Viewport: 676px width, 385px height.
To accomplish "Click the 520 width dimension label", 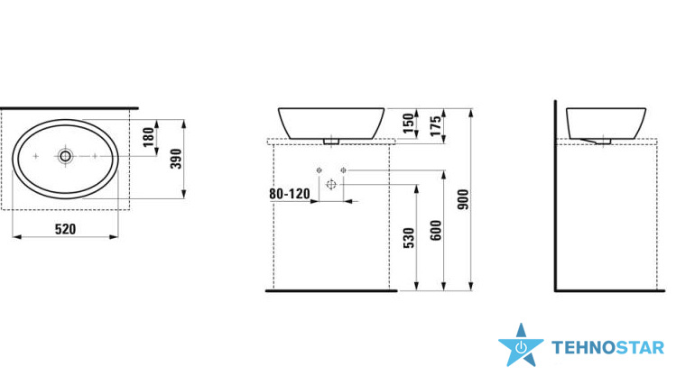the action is tap(66, 229).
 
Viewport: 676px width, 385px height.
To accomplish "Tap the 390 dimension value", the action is tap(176, 159).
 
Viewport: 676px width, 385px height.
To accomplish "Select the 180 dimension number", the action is tap(148, 137).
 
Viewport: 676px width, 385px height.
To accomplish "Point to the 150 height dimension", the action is tap(408, 124).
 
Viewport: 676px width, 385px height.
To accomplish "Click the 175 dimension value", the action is tap(435, 125).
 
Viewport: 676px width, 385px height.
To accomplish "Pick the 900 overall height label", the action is tap(463, 199).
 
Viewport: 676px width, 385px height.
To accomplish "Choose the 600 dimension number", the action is tap(435, 230).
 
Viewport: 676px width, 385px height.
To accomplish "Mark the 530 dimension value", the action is tap(408, 238).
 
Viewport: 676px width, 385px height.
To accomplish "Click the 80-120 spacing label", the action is tap(290, 194).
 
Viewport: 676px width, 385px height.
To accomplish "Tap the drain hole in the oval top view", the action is tap(66, 156).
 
